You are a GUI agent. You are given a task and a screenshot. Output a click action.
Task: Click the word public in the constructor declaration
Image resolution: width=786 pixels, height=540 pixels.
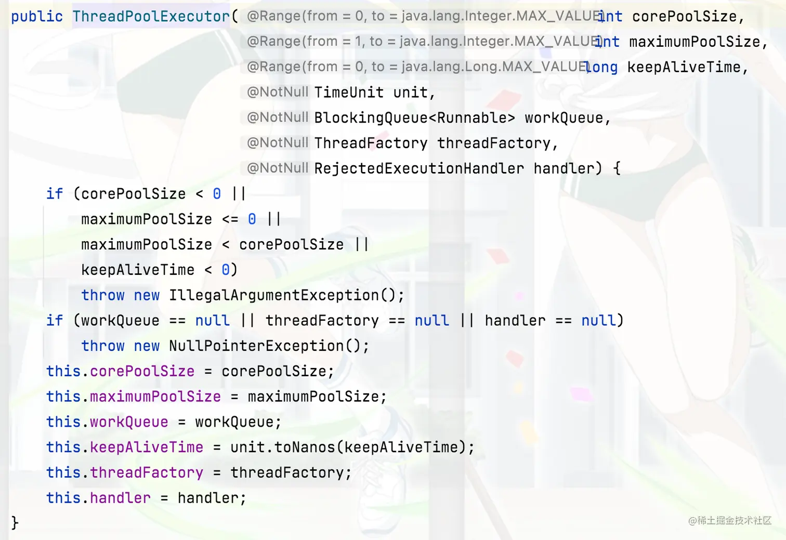tap(36, 17)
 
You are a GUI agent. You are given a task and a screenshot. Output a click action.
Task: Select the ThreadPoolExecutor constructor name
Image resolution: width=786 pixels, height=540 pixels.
tap(151, 17)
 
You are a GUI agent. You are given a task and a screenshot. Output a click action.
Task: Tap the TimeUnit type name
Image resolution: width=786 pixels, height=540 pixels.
tap(349, 93)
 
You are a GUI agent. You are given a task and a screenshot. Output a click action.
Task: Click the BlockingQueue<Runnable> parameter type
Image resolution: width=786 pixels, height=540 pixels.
tap(414, 118)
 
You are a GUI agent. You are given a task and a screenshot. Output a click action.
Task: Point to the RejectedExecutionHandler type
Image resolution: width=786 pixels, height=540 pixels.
tap(419, 168)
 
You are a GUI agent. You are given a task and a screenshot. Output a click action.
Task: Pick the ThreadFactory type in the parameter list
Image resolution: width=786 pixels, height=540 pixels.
tap(371, 143)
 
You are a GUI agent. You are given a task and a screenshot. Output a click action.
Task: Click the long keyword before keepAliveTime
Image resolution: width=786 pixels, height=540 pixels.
tap(601, 67)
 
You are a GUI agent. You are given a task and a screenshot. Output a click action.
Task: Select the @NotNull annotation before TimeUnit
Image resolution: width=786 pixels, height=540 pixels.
tap(278, 93)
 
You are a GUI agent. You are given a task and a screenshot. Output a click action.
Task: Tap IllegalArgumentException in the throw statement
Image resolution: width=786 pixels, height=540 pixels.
tap(274, 295)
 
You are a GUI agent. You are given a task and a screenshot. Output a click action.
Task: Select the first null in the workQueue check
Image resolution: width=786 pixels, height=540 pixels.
tap(212, 321)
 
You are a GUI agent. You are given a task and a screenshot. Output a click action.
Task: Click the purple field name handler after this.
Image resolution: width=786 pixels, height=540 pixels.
tap(120, 498)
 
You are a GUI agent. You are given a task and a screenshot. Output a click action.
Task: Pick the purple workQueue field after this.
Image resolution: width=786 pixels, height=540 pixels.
tap(129, 422)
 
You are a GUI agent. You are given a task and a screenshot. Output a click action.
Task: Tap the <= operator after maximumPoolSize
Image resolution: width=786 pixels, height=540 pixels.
tap(230, 219)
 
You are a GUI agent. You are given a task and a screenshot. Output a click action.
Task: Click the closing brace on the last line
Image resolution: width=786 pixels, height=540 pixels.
tap(15, 522)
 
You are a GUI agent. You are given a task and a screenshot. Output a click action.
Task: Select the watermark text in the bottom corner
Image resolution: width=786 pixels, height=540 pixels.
tap(729, 520)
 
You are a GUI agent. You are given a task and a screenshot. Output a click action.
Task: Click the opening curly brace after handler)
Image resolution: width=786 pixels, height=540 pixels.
tap(617, 168)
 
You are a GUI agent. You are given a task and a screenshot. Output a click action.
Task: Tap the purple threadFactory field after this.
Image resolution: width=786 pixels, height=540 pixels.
tap(147, 472)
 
